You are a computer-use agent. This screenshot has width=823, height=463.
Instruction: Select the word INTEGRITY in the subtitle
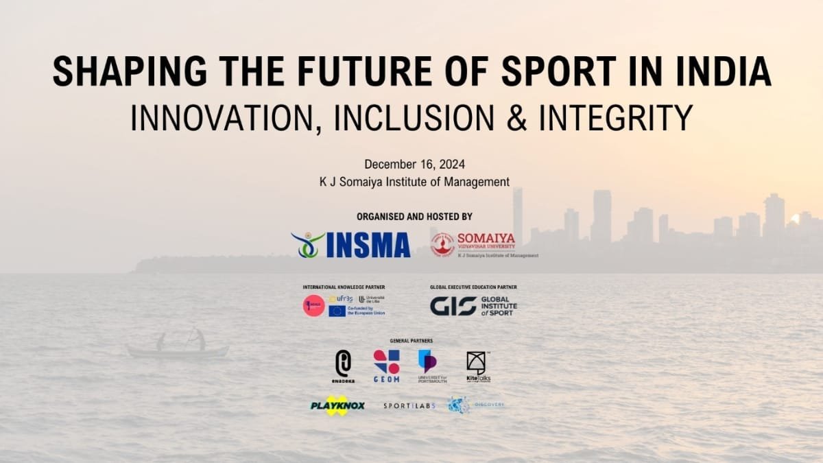tap(615, 117)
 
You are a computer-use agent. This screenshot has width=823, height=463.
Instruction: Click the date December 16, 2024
tap(414, 165)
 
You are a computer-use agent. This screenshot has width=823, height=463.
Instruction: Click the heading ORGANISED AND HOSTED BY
tap(414, 217)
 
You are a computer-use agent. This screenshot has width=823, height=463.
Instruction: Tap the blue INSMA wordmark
tap(368, 245)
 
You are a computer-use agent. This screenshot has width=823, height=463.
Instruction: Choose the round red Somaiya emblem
tap(442, 244)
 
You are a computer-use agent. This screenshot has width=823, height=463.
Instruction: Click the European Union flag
tap(337, 311)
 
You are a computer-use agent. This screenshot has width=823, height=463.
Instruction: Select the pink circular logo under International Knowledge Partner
tap(314, 306)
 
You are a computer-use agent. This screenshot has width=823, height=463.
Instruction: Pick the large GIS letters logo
tap(453, 306)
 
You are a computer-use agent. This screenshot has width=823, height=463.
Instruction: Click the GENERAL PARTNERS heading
tap(411, 341)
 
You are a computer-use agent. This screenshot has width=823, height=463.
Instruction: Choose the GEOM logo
tap(386, 365)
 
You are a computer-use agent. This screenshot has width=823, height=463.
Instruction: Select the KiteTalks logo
tap(477, 365)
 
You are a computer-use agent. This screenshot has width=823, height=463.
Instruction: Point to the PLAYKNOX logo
tap(337, 405)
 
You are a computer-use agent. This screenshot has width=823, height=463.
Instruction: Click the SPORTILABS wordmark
tap(409, 406)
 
